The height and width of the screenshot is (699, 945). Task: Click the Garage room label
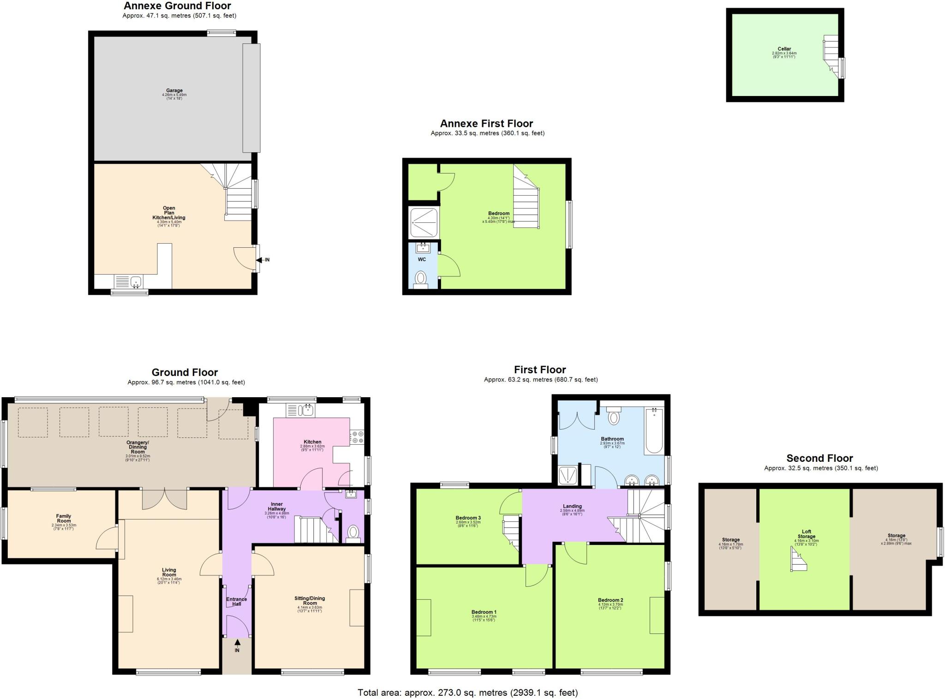[174, 91]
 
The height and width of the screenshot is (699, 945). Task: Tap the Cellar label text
[784, 49]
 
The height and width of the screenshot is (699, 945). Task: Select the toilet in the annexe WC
[420, 278]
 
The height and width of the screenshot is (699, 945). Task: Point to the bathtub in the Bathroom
[654, 430]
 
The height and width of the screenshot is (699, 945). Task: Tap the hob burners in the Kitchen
[357, 437]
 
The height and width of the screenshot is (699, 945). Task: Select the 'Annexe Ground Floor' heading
[177, 6]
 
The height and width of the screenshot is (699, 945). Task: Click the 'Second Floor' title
[819, 458]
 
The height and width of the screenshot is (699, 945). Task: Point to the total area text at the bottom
[467, 692]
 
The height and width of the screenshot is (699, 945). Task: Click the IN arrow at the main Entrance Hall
[237, 643]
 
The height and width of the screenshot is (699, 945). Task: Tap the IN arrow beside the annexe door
[260, 260]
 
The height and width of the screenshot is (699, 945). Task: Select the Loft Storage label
[806, 534]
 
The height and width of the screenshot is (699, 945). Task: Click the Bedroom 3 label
[468, 518]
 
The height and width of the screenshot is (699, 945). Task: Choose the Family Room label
[64, 519]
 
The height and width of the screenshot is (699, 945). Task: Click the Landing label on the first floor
[572, 506]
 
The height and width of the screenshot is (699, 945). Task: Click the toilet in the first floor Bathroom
[614, 417]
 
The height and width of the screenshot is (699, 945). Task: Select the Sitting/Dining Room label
[310, 601]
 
